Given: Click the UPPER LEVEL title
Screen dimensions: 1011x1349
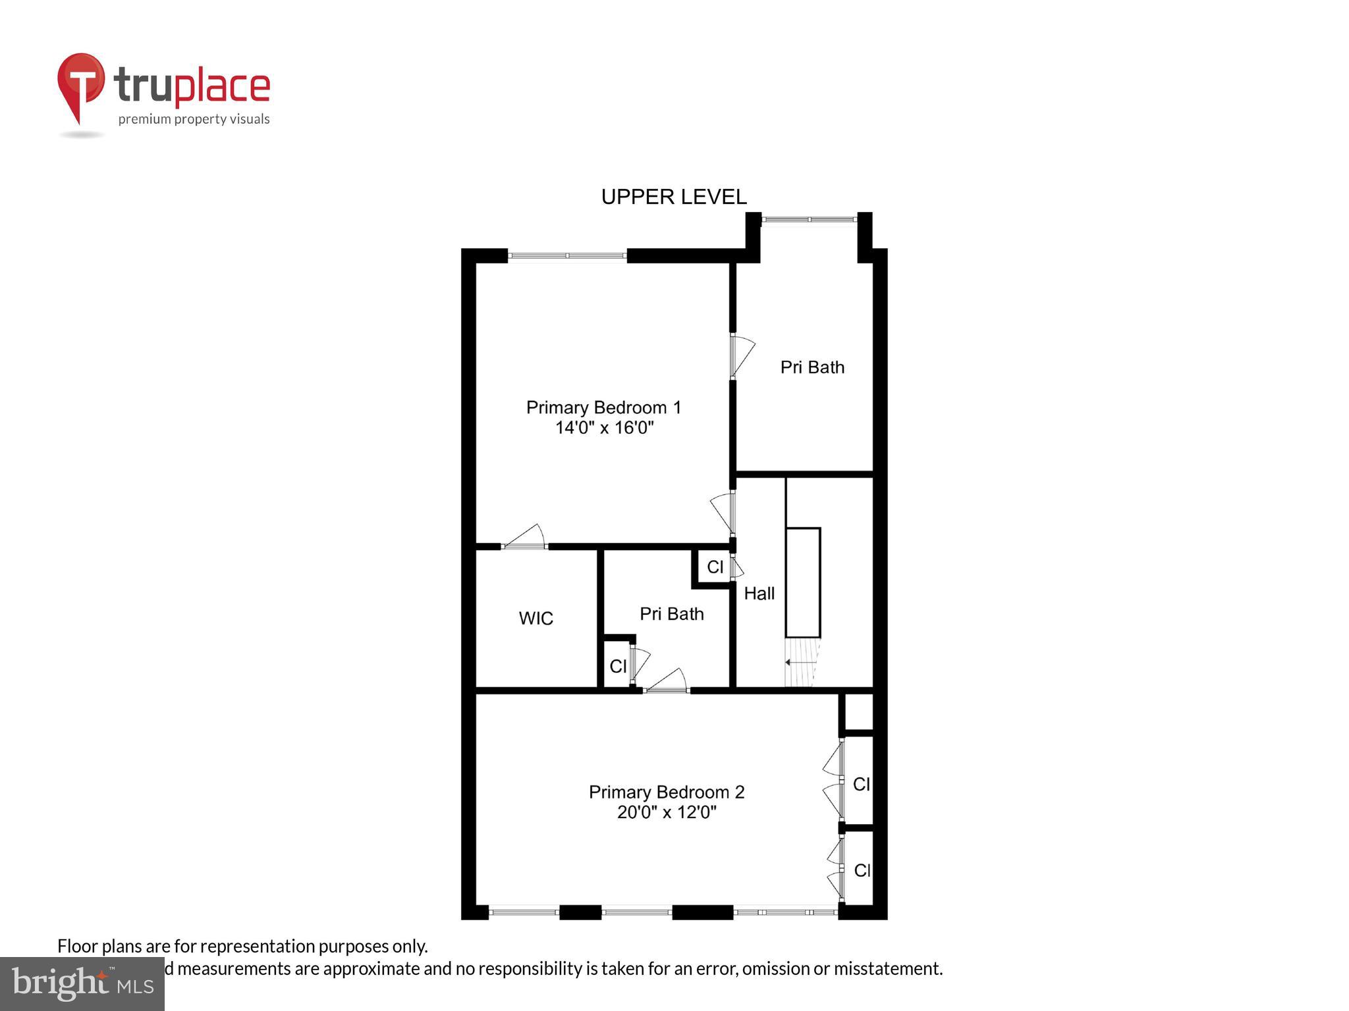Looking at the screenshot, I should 673,197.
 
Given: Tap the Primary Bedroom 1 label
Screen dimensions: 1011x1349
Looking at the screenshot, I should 603,407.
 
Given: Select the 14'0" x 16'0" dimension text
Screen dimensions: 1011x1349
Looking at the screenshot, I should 604,428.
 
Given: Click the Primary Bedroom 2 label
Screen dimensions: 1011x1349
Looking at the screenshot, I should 666,792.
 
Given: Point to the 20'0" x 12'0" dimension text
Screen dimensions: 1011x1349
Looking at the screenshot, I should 666,812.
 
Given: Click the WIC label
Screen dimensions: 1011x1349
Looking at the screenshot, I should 536,618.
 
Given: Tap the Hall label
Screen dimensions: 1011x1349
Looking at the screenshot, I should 759,594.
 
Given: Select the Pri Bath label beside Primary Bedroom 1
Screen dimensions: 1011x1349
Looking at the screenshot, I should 812,367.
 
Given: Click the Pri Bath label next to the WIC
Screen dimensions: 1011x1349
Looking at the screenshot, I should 671,614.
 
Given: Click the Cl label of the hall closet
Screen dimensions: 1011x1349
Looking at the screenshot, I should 715,567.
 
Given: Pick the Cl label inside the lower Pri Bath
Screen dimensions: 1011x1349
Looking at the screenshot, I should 617,667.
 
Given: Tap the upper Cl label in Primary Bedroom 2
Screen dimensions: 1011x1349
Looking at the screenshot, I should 861,784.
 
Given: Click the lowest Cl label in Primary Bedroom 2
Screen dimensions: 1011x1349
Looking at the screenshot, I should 862,870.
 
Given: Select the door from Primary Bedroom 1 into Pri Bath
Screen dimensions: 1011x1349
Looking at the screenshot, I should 741,356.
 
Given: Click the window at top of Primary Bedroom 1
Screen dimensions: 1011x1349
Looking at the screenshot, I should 566,255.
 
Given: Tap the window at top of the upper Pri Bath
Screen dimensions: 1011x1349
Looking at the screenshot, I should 809,219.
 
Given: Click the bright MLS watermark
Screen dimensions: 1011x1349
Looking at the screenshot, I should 82,983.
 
